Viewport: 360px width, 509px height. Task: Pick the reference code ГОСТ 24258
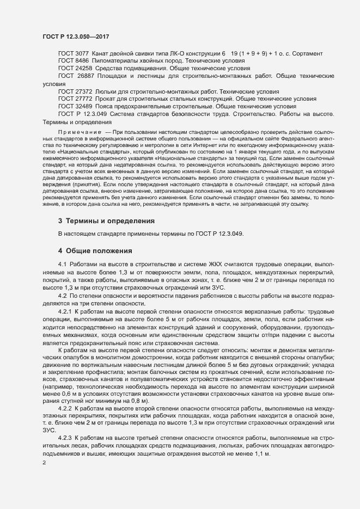(75, 69)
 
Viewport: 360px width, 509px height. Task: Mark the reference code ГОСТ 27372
(75, 92)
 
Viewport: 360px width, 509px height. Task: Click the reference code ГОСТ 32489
(75, 107)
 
